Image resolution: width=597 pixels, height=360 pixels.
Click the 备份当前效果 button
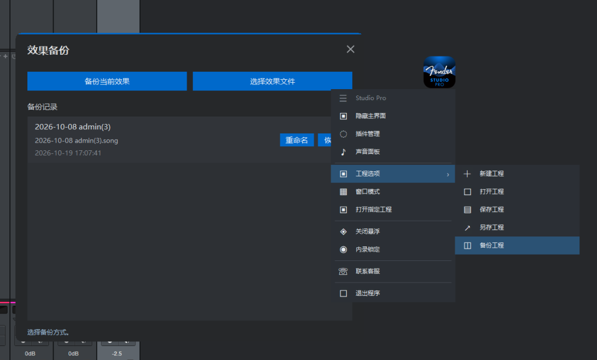point(107,81)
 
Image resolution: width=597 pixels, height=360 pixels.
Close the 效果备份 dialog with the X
point(350,49)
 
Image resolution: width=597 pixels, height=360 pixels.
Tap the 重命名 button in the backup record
point(297,140)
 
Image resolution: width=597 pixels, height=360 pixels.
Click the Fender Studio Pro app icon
point(440,72)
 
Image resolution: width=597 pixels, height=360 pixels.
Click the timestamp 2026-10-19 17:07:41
point(68,153)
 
